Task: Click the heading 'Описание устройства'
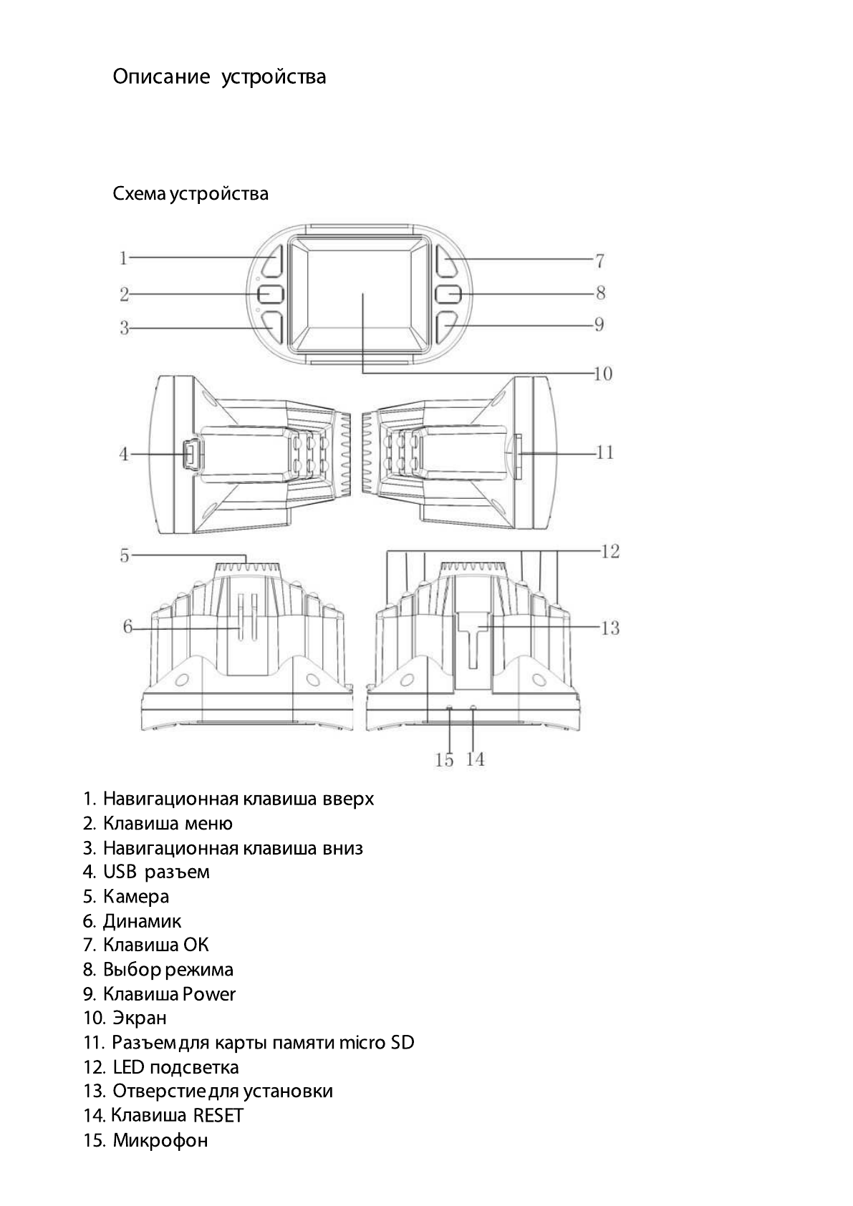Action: click(219, 77)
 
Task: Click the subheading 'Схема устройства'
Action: click(191, 194)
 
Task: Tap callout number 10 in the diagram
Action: click(602, 374)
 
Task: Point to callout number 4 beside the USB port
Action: click(125, 454)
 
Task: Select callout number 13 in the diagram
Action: click(609, 628)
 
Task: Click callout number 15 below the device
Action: click(445, 760)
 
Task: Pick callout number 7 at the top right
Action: click(600, 261)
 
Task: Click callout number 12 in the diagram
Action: click(610, 551)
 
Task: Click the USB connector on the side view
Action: click(193, 454)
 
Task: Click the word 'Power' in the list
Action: click(208, 994)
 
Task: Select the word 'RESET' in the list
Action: click(218, 1115)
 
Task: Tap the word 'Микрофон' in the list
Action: click(160, 1140)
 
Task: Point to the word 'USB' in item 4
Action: click(120, 872)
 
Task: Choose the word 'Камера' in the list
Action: click(136, 897)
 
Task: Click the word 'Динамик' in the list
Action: click(142, 921)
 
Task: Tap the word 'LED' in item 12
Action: click(128, 1067)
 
